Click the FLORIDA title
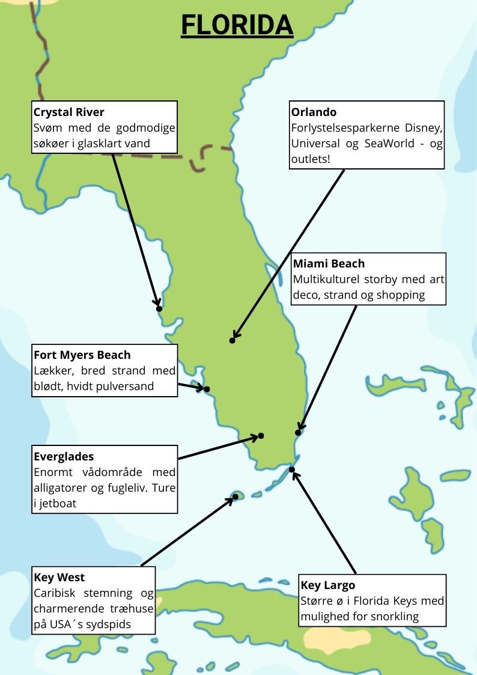(x=237, y=25)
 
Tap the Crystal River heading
(x=68, y=112)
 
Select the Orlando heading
(x=314, y=112)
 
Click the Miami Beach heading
(x=329, y=264)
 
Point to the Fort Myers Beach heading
(x=82, y=355)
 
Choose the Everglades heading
(x=64, y=457)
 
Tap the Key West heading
(x=59, y=578)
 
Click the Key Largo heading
(x=328, y=585)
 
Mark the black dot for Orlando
(x=232, y=341)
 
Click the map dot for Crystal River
(x=159, y=309)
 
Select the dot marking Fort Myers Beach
(x=207, y=389)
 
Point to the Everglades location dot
(x=261, y=436)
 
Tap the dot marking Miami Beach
(x=298, y=433)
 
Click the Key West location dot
(x=235, y=496)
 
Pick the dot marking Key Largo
(x=292, y=469)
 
